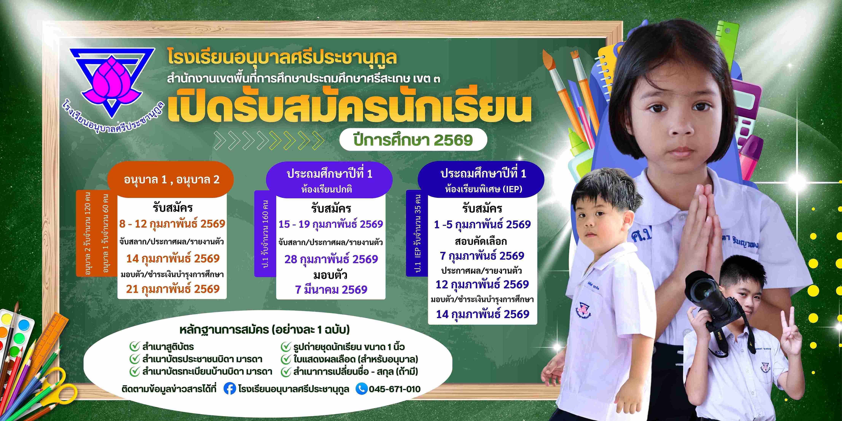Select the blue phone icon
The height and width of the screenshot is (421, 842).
(362, 389)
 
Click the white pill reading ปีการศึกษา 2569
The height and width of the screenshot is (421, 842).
(413, 140)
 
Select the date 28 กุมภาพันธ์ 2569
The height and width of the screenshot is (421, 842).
(331, 259)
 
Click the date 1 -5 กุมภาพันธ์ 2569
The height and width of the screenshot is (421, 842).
(482, 225)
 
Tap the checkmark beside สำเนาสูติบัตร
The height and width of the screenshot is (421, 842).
(135, 346)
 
